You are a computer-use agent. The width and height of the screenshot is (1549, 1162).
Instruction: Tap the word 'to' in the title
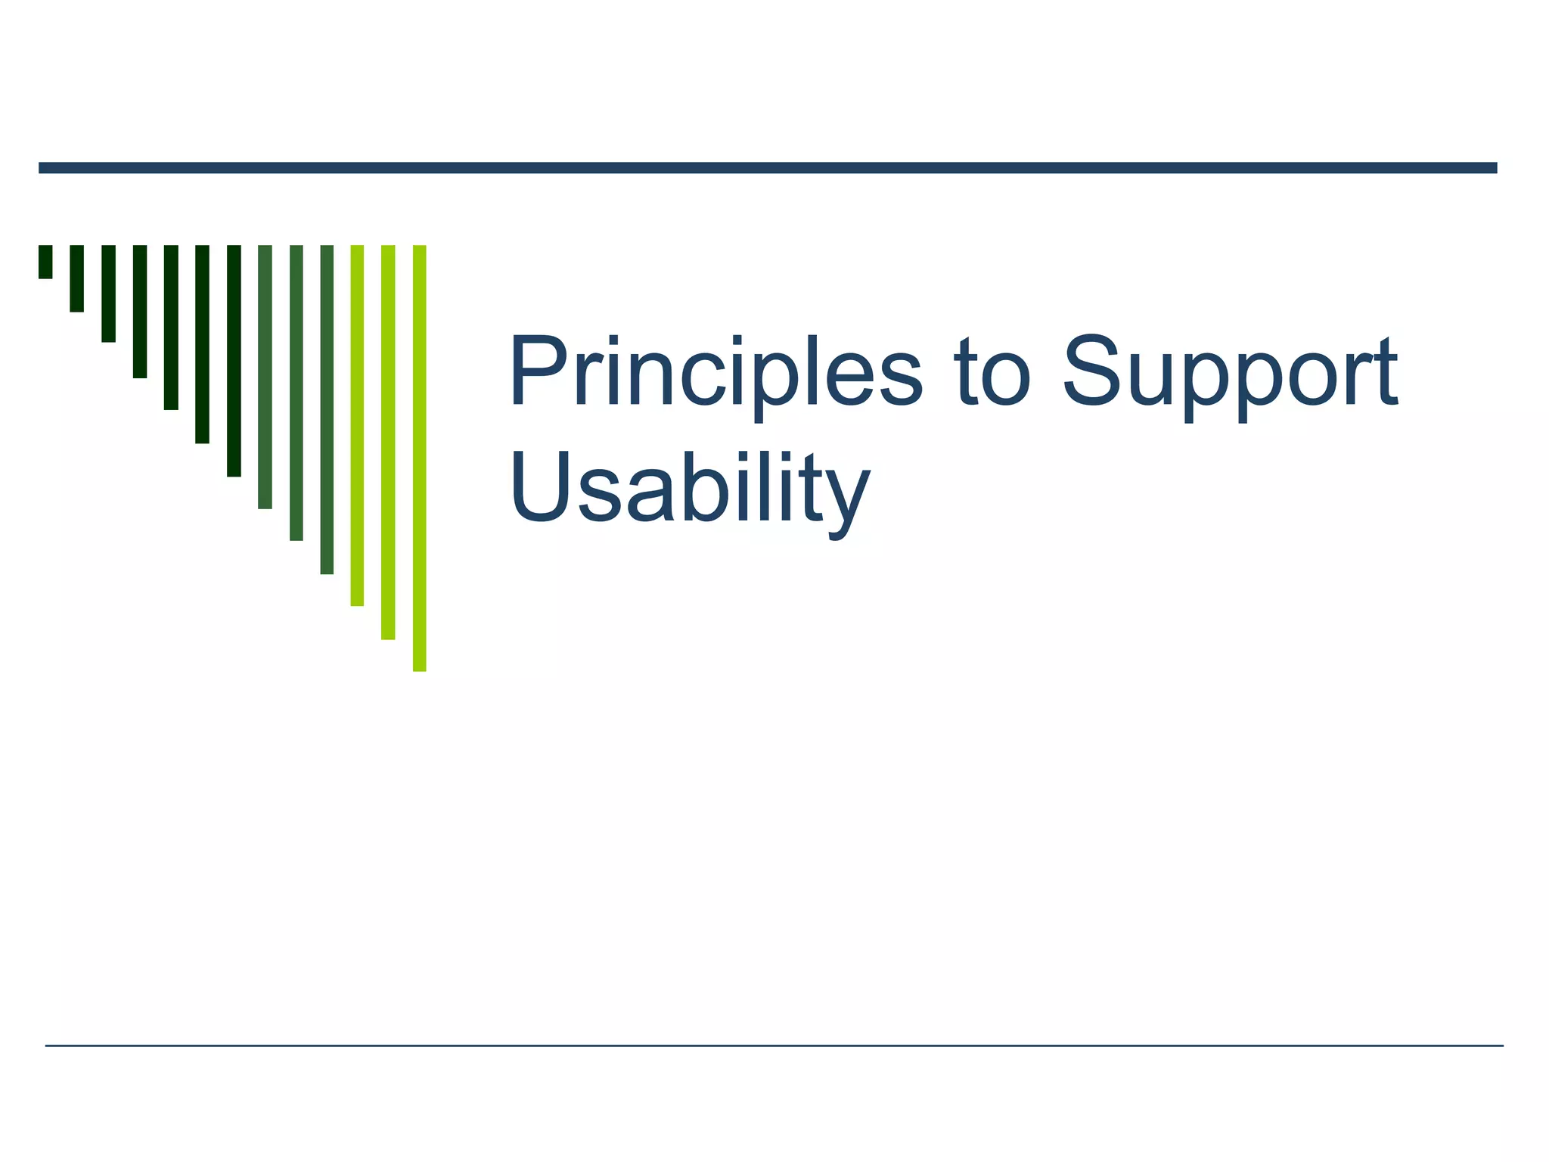pos(992,374)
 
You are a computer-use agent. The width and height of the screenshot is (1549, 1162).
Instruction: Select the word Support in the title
pos(1230,374)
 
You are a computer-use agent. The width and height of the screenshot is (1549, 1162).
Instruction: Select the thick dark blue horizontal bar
pos(768,168)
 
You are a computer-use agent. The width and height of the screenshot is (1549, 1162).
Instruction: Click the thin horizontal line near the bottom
pos(774,1045)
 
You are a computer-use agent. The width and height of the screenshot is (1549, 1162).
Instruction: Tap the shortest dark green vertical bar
pos(45,262)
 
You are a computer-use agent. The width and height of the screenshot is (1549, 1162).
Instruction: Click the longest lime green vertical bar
pos(419,458)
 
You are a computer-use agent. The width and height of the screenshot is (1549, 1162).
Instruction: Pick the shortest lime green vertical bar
pos(357,425)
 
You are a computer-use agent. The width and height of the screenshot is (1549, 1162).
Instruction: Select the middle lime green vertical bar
pos(388,442)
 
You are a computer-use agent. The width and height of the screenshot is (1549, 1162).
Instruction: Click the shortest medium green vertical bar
pos(265,377)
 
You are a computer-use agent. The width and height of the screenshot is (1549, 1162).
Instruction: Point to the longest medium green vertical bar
pos(327,409)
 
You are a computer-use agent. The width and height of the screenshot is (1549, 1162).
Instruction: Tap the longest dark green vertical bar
pos(234,360)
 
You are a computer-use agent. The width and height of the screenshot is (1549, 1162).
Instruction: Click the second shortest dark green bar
pos(76,278)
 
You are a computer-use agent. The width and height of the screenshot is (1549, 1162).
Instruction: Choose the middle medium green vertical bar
pos(296,393)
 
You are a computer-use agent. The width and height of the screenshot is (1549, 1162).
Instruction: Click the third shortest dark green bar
pos(108,294)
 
